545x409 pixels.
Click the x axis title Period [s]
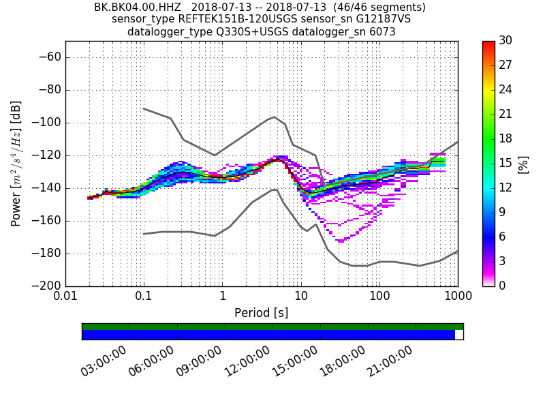(262, 313)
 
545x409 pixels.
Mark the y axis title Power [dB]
(16, 164)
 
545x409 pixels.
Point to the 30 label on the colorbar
(505, 41)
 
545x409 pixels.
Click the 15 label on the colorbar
(505, 163)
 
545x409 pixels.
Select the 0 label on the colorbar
(503, 286)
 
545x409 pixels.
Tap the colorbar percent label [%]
(523, 164)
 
